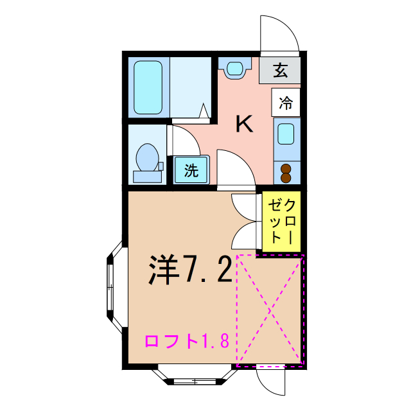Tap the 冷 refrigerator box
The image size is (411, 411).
tap(286, 102)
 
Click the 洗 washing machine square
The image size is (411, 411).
tap(191, 171)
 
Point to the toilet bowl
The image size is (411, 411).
tap(147, 157)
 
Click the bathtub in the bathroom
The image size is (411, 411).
tap(148, 87)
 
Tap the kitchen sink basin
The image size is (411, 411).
tap(286, 134)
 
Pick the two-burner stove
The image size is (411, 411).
tap(286, 172)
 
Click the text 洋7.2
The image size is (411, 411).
tap(190, 270)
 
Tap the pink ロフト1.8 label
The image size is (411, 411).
tap(187, 341)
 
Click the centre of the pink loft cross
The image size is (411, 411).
tap(270, 310)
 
